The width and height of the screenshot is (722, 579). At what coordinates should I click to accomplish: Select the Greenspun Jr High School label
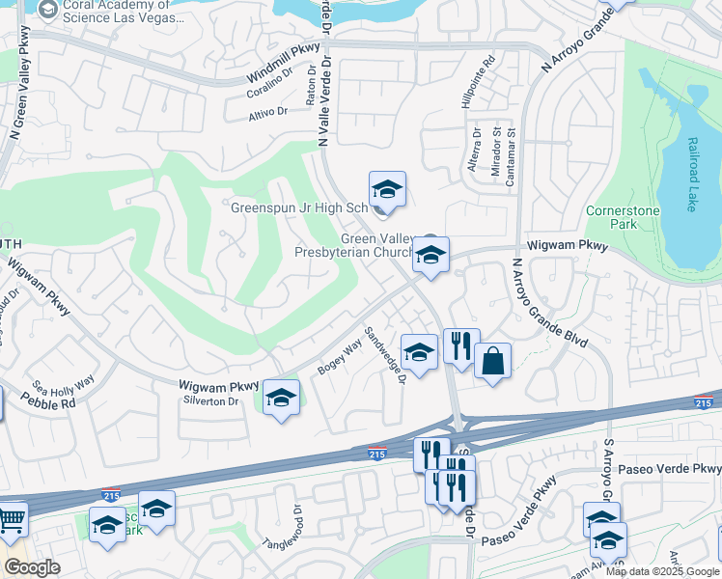click(299, 207)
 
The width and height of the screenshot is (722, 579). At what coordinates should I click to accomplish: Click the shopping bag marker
click(492, 362)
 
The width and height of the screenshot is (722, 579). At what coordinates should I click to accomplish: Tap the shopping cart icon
click(11, 519)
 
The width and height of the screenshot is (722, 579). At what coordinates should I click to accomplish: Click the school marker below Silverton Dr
click(281, 398)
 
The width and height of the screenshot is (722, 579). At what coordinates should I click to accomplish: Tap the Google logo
click(32, 567)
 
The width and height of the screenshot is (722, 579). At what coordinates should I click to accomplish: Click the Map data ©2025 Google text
click(661, 571)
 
